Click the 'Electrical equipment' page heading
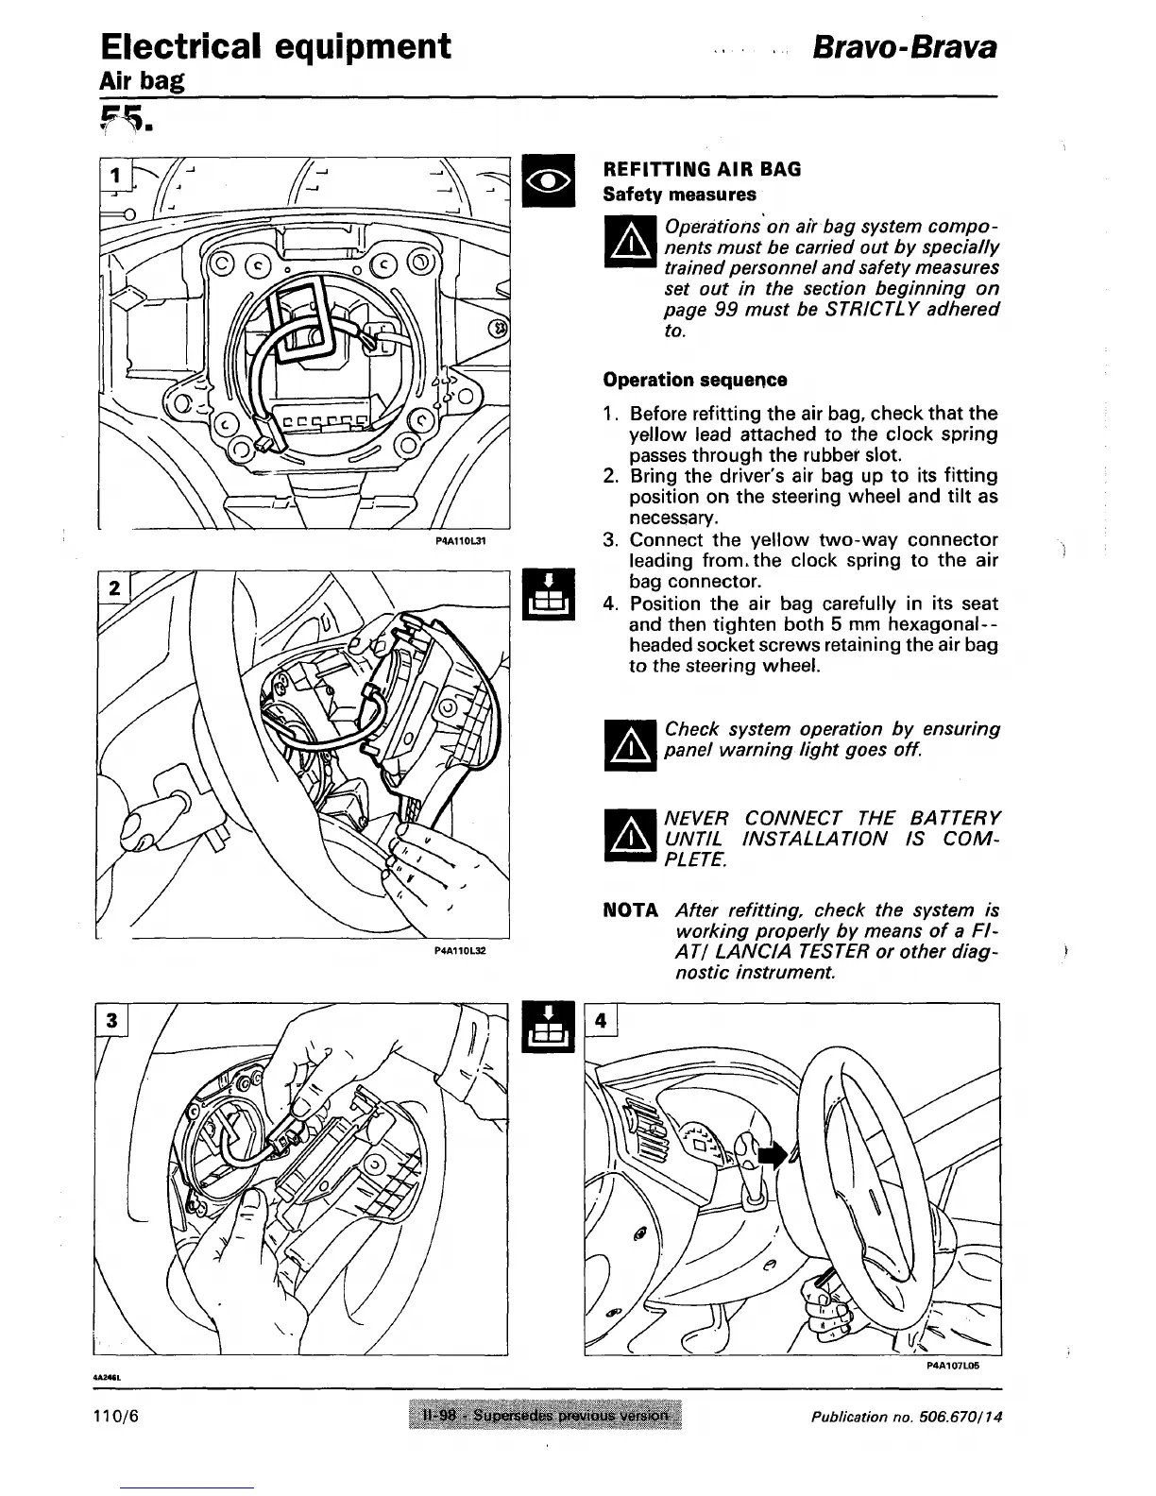275,46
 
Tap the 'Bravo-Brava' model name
906,48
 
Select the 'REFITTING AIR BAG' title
702,169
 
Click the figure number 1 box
116,176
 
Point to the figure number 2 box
115,587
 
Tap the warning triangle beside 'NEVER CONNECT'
629,839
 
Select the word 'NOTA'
630,910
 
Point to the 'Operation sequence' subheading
695,380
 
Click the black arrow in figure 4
772,1154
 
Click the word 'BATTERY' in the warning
954,818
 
